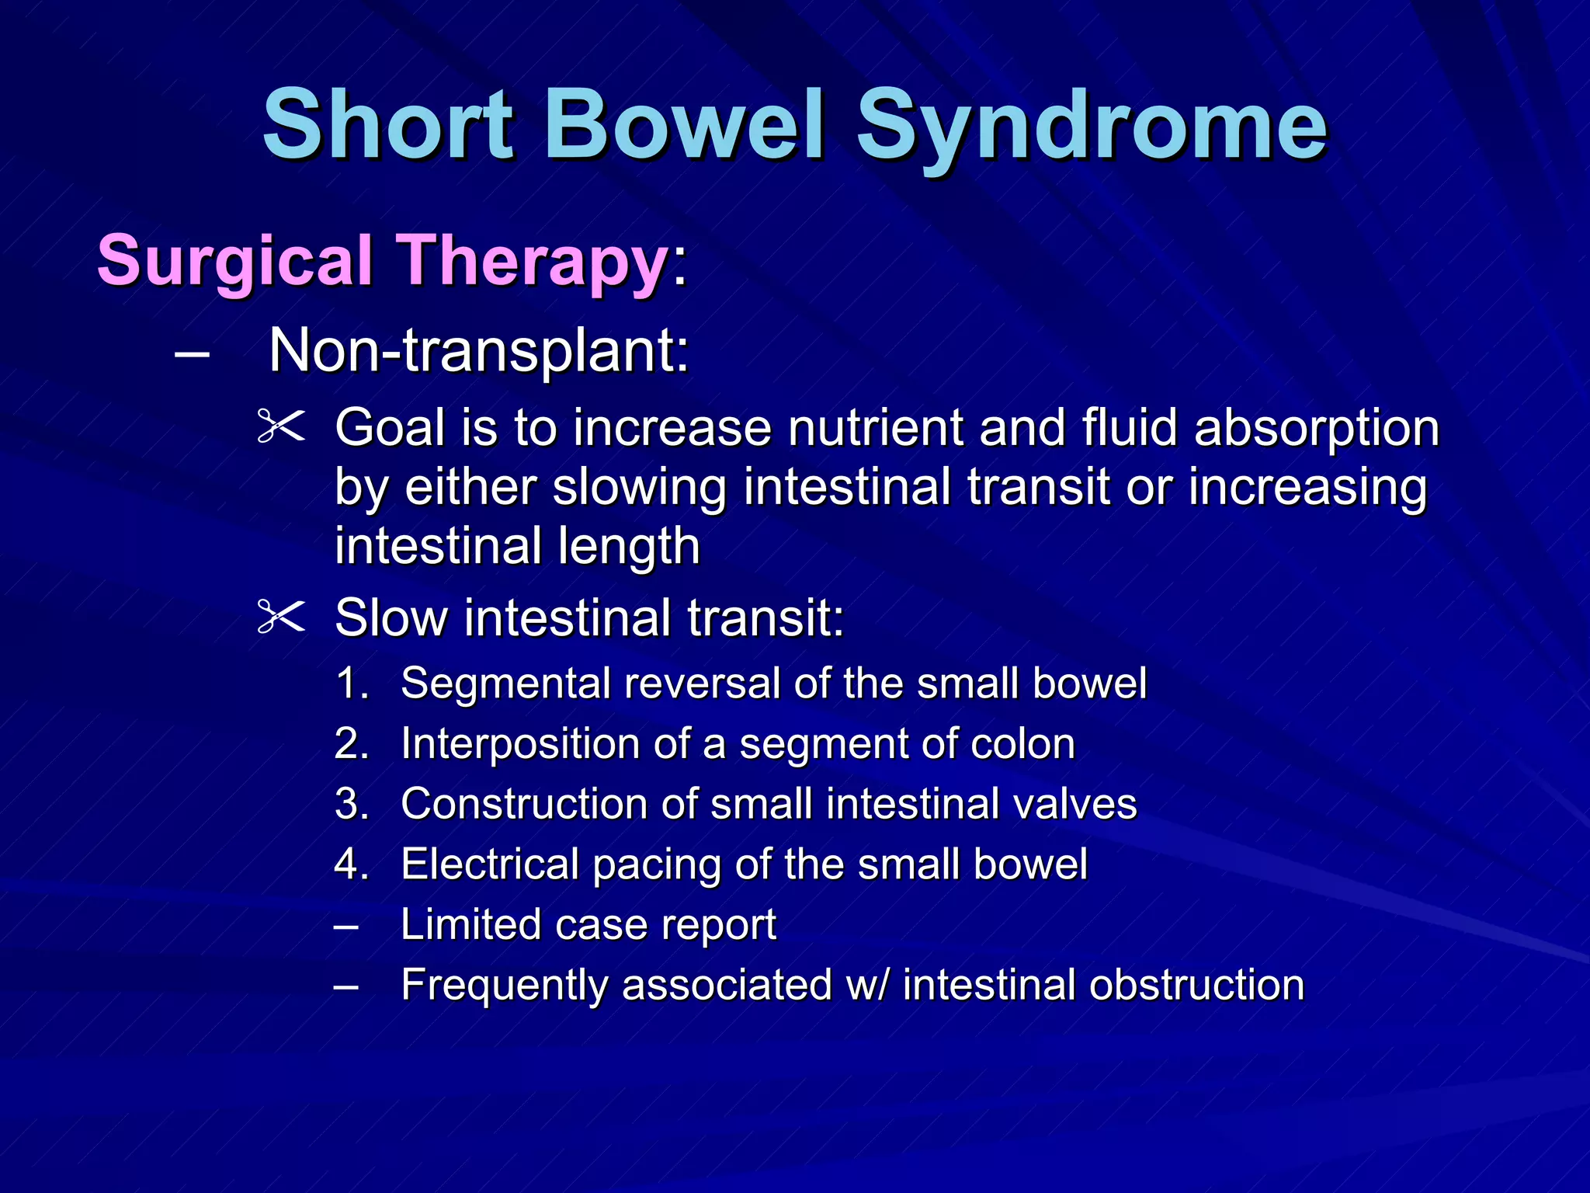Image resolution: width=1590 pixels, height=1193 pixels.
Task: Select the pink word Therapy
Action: point(532,261)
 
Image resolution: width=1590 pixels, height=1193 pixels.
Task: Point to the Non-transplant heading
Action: point(478,351)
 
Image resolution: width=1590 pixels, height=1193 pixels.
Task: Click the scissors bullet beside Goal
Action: point(280,427)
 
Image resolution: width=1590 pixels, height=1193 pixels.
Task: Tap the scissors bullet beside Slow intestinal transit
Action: point(280,618)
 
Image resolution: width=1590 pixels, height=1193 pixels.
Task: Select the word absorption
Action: point(1317,428)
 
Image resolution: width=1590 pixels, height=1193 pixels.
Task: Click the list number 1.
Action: point(350,684)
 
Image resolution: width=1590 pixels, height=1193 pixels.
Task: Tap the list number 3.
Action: point(350,804)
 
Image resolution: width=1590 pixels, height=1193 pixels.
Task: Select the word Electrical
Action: point(490,864)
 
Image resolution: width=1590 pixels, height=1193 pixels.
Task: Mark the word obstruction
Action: point(1196,986)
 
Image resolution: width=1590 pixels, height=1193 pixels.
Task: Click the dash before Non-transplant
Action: point(192,353)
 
